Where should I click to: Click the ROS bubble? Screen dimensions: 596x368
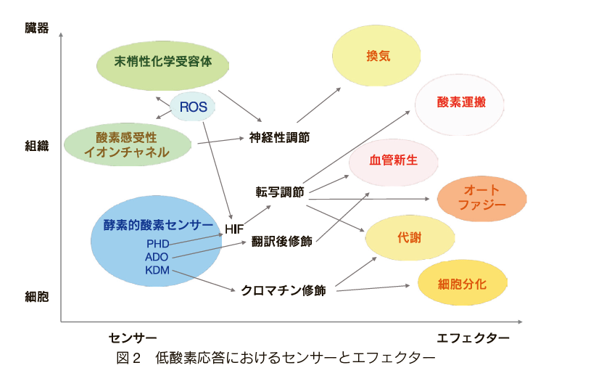(x=192, y=107)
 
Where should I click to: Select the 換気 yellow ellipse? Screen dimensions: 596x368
(x=376, y=56)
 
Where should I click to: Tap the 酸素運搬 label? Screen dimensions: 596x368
(x=461, y=102)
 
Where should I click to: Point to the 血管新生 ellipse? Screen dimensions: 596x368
(x=394, y=163)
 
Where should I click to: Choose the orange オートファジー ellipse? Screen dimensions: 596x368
(x=481, y=198)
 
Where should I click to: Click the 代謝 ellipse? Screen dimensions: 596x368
(x=410, y=238)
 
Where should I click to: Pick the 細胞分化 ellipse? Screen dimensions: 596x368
(x=462, y=282)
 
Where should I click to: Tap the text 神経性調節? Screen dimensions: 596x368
(x=279, y=137)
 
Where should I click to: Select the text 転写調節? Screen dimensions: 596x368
(x=280, y=192)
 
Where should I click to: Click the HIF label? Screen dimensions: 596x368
(x=234, y=229)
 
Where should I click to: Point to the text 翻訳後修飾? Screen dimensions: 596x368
(x=281, y=241)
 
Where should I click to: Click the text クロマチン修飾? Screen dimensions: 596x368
(x=283, y=291)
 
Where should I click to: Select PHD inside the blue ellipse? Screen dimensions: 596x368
(x=158, y=244)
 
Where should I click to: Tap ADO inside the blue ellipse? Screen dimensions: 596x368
(x=157, y=257)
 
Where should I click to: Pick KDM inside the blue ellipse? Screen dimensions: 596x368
(x=157, y=270)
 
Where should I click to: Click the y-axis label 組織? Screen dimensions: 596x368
(x=37, y=146)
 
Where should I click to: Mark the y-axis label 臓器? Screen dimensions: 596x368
(x=37, y=28)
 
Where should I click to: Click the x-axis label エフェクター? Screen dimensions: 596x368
(x=473, y=338)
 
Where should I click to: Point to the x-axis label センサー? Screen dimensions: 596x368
(x=133, y=338)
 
